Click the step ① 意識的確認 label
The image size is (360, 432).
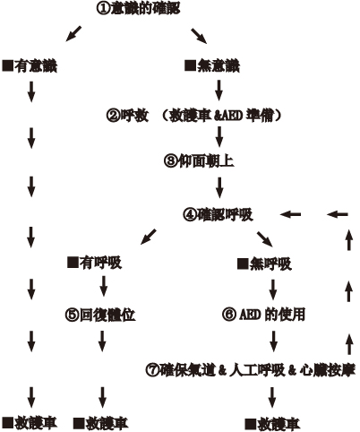tap(139, 8)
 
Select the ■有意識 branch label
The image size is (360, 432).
tap(30, 66)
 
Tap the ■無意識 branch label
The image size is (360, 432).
tap(212, 65)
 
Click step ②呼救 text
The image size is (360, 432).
tap(127, 116)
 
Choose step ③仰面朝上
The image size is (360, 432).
tap(199, 160)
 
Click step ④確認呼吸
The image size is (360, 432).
tap(218, 214)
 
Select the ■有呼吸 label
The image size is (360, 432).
tap(95, 263)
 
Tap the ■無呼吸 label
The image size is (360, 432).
tap(264, 264)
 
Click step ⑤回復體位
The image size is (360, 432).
tap(100, 315)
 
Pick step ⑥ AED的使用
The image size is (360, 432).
tap(263, 315)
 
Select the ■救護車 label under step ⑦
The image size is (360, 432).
tap(272, 425)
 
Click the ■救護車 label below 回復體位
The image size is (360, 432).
tap(100, 424)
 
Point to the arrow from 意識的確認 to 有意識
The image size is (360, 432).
tap(73, 33)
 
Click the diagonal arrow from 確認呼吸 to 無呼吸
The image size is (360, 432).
tap(265, 239)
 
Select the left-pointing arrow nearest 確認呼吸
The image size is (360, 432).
tap(290, 214)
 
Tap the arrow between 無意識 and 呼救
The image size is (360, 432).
tap(219, 91)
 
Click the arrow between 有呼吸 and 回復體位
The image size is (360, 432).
tap(103, 286)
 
